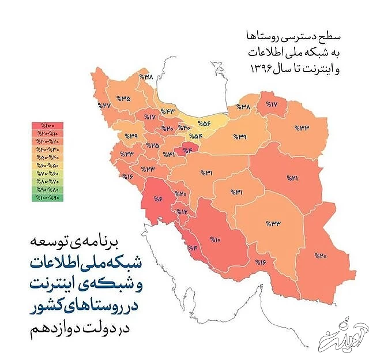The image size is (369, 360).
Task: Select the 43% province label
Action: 168,111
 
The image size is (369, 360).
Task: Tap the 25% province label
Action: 153,145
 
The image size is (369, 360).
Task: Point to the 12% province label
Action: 182,212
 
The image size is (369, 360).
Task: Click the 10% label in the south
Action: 216,239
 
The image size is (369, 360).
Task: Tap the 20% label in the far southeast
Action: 320,255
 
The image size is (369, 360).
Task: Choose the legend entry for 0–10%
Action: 48,126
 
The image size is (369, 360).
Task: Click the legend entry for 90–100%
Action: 48,198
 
